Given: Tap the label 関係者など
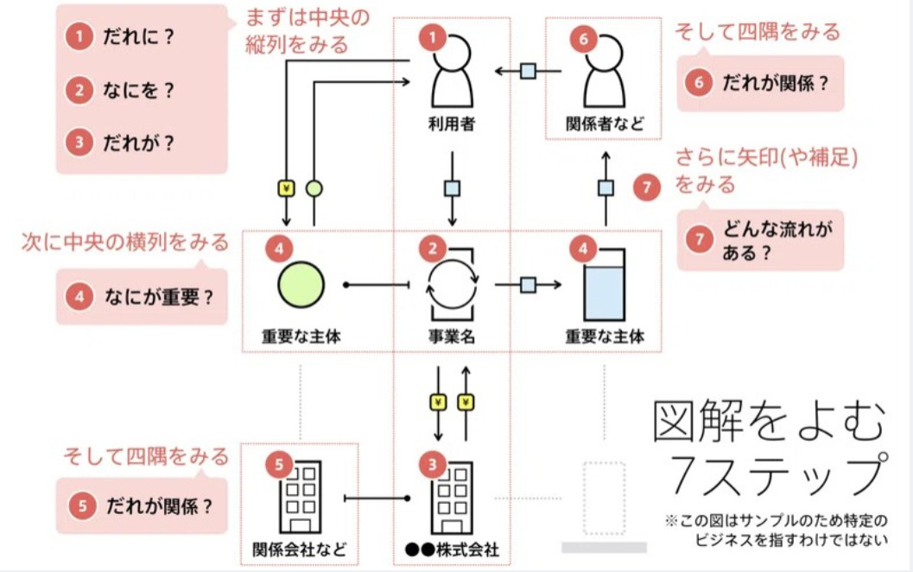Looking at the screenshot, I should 605,124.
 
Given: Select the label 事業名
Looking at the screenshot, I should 452,337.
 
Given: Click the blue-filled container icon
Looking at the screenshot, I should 604,291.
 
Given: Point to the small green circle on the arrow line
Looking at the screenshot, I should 314,188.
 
